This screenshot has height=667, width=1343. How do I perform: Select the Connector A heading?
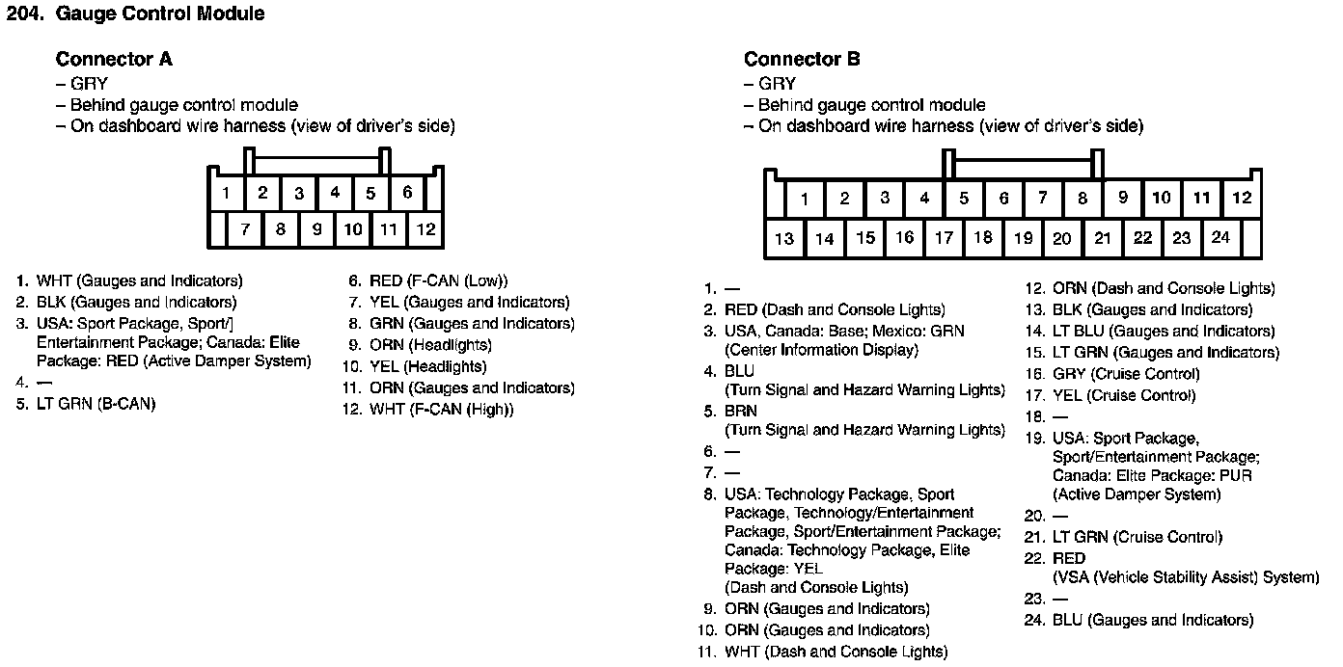pos(114,60)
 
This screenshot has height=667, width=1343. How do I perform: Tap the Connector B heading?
pos(802,60)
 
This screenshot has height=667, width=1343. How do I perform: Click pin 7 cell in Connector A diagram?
pos(245,229)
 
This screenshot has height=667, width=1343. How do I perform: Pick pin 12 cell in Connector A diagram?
pos(425,229)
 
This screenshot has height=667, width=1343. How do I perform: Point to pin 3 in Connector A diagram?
pos(299,193)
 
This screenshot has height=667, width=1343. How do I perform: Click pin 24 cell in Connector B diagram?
pos(1220,238)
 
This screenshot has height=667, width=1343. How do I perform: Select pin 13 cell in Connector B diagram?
pos(784,239)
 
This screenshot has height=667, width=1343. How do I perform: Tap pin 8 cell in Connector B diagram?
pos(1083,199)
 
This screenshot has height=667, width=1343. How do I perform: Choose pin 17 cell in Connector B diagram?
pos(944,238)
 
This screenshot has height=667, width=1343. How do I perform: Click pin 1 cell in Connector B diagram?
pos(804,200)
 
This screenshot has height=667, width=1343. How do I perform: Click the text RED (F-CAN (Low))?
pos(438,281)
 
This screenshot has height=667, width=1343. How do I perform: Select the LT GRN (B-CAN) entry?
pos(96,404)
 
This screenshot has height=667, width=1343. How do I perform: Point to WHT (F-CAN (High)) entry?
pos(441,410)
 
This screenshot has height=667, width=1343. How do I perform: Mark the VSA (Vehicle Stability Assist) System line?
pos(1186,578)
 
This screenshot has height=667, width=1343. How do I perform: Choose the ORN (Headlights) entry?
pos(430,345)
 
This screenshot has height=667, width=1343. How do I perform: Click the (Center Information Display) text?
pos(821,351)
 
